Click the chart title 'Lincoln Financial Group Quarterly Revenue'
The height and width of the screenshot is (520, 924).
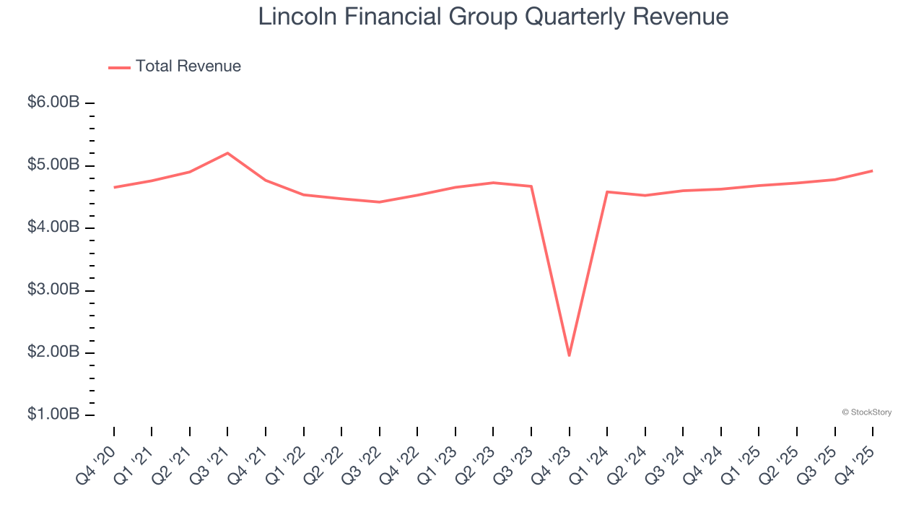tap(493, 17)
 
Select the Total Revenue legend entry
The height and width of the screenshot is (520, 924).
tap(175, 66)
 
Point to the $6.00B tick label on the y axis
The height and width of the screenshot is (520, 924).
tap(53, 103)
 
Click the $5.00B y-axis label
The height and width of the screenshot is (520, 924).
tap(53, 165)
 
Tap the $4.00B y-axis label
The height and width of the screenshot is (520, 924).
tap(53, 227)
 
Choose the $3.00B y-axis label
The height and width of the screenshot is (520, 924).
tap(53, 290)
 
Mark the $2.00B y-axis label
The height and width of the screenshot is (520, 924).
tap(53, 352)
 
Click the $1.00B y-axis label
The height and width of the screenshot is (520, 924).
tap(53, 415)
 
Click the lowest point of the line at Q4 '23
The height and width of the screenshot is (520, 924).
tap(569, 355)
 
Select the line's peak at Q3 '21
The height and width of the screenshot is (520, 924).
tap(227, 153)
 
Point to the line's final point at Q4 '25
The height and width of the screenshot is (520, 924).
tap(872, 170)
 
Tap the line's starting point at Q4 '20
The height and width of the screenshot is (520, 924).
tap(114, 187)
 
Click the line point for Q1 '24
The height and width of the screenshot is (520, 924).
tap(607, 192)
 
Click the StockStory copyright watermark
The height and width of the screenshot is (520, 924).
tap(866, 412)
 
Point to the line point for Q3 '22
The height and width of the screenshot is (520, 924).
tap(379, 201)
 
